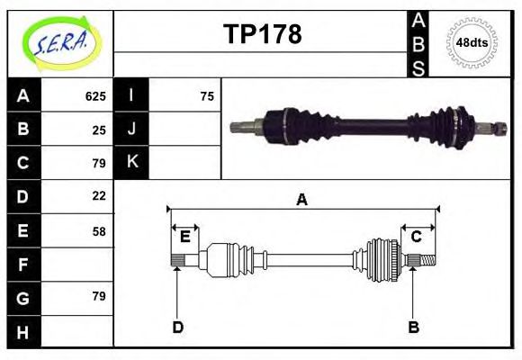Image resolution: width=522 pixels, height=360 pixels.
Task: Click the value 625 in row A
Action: pyautogui.click(x=95, y=96)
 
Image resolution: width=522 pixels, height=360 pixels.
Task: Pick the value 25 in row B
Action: pyautogui.click(x=99, y=130)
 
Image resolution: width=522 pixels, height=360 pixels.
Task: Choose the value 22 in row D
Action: pyautogui.click(x=99, y=195)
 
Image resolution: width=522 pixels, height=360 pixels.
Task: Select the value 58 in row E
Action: pyautogui.click(x=99, y=231)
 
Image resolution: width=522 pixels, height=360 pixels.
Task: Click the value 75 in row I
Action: pyautogui.click(x=207, y=96)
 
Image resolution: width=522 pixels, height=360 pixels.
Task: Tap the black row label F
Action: pyautogui.click(x=23, y=265)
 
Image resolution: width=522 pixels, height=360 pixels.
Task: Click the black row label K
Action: pyautogui.click(x=132, y=162)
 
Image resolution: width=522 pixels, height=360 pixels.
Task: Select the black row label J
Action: pyautogui.click(x=132, y=129)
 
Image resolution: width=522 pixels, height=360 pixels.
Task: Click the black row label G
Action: pyautogui.click(x=23, y=297)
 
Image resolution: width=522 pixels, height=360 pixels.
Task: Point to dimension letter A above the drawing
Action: pyautogui.click(x=302, y=200)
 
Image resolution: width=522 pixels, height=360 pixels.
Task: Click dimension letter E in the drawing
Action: pyautogui.click(x=184, y=237)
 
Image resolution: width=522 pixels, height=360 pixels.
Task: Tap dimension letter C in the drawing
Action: pyautogui.click(x=417, y=237)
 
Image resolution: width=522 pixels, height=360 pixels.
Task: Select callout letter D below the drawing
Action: pyautogui.click(x=178, y=327)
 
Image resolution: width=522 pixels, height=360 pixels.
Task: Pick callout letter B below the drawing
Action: pyautogui.click(x=414, y=327)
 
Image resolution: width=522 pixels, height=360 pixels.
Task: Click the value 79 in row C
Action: pyautogui.click(x=99, y=163)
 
